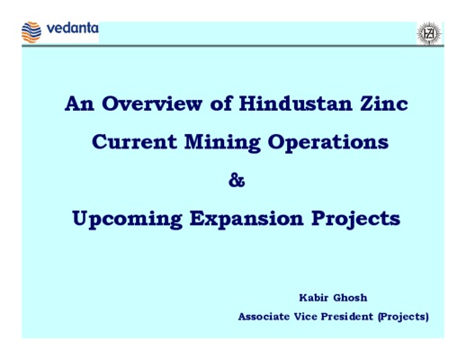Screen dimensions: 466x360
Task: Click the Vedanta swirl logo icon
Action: click(x=31, y=32)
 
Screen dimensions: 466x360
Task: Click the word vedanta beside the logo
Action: click(x=73, y=28)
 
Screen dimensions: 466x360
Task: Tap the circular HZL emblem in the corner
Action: click(x=429, y=33)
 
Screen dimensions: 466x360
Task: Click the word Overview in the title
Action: click(x=152, y=103)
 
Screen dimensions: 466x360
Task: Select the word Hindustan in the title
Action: click(x=296, y=103)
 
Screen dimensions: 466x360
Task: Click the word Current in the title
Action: click(x=134, y=141)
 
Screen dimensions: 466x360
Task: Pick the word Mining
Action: click(x=222, y=143)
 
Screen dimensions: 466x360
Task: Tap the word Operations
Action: click(x=328, y=143)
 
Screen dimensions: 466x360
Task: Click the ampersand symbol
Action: click(x=237, y=180)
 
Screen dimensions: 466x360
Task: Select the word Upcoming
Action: click(x=127, y=220)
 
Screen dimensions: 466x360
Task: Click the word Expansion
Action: click(x=246, y=220)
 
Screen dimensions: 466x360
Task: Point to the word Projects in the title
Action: click(x=355, y=220)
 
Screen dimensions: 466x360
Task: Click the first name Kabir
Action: click(x=314, y=298)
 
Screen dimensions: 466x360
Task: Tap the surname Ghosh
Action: click(x=350, y=298)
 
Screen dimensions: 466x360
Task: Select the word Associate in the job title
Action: click(x=264, y=317)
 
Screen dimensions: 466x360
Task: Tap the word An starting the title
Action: click(x=79, y=103)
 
